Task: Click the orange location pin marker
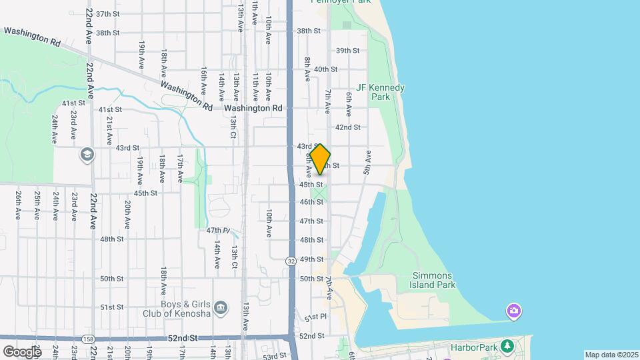[x=321, y=159]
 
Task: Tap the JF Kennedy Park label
[x=381, y=92]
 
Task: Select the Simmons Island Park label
[x=433, y=280]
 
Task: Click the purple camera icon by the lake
[x=513, y=311]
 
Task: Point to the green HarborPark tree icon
[x=508, y=345]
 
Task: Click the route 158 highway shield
[x=88, y=339]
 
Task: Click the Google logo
[x=21, y=351]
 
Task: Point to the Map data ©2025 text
[x=611, y=355]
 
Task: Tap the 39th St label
[x=348, y=51]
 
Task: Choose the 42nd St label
[x=348, y=127]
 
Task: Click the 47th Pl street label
[x=218, y=231]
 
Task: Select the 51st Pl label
[x=315, y=317]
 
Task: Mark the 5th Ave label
[x=367, y=161]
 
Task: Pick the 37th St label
[x=107, y=13]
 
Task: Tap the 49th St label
[x=311, y=259]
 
